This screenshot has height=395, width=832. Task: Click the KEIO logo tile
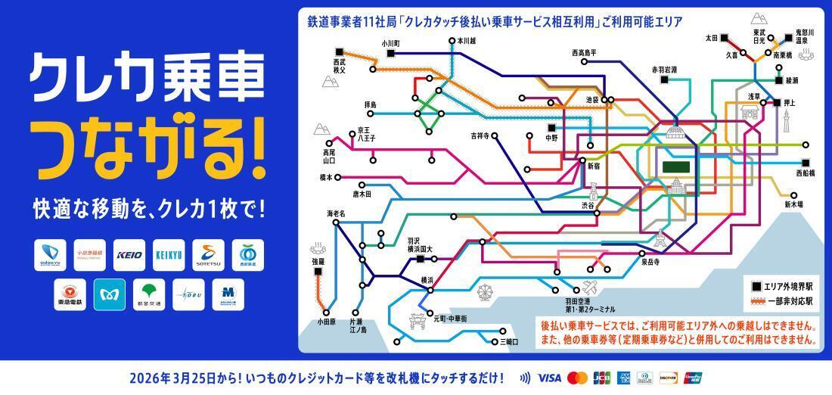pyautogui.click(x=130, y=255)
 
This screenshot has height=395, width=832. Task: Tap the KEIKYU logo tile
pyautogui.click(x=169, y=255)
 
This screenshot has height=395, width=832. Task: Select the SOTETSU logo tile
pyautogui.click(x=208, y=255)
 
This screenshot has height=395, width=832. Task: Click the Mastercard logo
pyautogui.click(x=577, y=377)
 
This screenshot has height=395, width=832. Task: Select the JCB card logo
pyautogui.click(x=601, y=377)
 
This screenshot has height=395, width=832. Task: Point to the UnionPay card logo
pyautogui.click(x=692, y=377)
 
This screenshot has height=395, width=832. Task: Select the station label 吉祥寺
pyautogui.click(x=480, y=136)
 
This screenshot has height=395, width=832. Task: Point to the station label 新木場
pyautogui.click(x=793, y=204)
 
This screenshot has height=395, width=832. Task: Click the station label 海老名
pyautogui.click(x=336, y=213)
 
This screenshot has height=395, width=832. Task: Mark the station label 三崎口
pyautogui.click(x=509, y=342)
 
